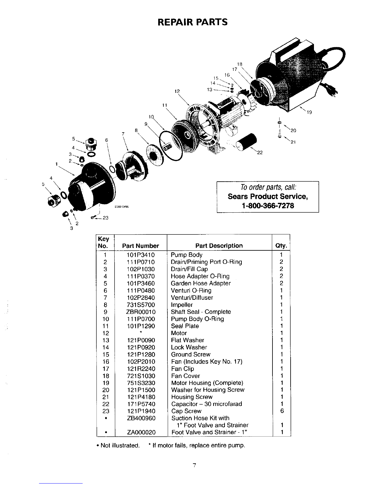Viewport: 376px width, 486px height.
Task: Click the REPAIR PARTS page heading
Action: pyautogui.click(x=193, y=22)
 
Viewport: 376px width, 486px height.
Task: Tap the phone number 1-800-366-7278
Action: pyautogui.click(x=268, y=206)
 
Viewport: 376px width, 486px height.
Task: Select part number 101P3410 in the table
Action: pyautogui.click(x=141, y=255)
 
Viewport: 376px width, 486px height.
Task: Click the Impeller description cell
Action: pyautogui.click(x=182, y=305)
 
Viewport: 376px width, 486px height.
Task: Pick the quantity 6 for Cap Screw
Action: pyautogui.click(x=282, y=411)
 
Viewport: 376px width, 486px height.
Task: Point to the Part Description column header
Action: pyautogui.click(x=219, y=245)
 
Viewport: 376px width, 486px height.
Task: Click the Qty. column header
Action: pyautogui.click(x=281, y=246)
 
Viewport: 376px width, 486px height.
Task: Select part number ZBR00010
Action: pyautogui.click(x=141, y=312)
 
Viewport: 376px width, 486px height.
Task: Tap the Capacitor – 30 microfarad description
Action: pyautogui.click(x=206, y=404)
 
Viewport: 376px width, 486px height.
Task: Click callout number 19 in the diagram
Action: pyautogui.click(x=309, y=112)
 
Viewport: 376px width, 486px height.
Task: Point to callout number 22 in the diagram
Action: pyautogui.click(x=260, y=152)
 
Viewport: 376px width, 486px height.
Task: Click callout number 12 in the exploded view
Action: pyautogui.click(x=177, y=91)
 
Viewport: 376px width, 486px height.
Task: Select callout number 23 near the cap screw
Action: pyautogui.click(x=105, y=218)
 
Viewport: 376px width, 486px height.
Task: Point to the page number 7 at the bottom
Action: pyautogui.click(x=194, y=465)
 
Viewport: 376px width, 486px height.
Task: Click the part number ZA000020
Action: pyautogui.click(x=141, y=432)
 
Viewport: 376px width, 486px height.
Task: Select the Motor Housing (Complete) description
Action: pyautogui.click(x=207, y=383)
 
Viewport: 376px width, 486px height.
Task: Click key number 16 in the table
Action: pyautogui.click(x=105, y=362)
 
